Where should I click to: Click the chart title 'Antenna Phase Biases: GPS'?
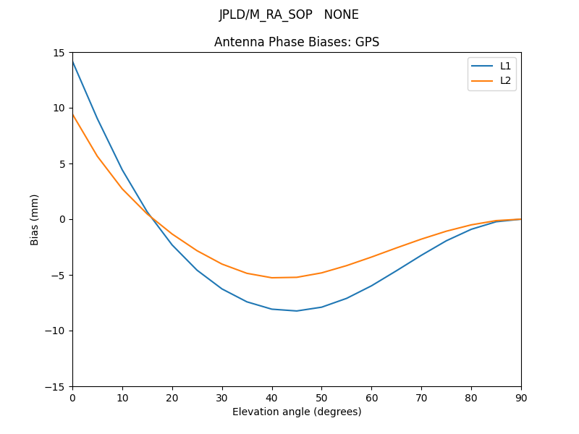pos(297,42)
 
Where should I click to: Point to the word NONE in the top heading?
pos(342,14)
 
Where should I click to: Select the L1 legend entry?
pos(505,66)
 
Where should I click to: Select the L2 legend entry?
pos(505,80)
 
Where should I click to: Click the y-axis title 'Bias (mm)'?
pos(35,219)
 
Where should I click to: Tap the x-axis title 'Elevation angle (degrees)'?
pos(297,412)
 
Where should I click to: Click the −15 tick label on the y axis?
pos(57,386)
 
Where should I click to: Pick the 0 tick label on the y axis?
pos(63,219)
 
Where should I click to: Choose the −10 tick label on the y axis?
pos(57,331)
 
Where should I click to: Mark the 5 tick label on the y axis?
pos(63,164)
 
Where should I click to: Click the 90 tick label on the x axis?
pos(520,397)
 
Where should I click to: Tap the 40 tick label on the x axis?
pos(271,397)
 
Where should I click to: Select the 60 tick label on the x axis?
pos(371,397)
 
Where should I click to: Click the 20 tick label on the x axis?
pos(172,397)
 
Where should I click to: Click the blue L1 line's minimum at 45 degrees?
pos(297,311)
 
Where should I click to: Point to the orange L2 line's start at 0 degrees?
pos(73,114)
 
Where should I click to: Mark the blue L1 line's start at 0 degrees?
pos(73,61)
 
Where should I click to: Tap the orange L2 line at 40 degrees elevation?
pos(272,278)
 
